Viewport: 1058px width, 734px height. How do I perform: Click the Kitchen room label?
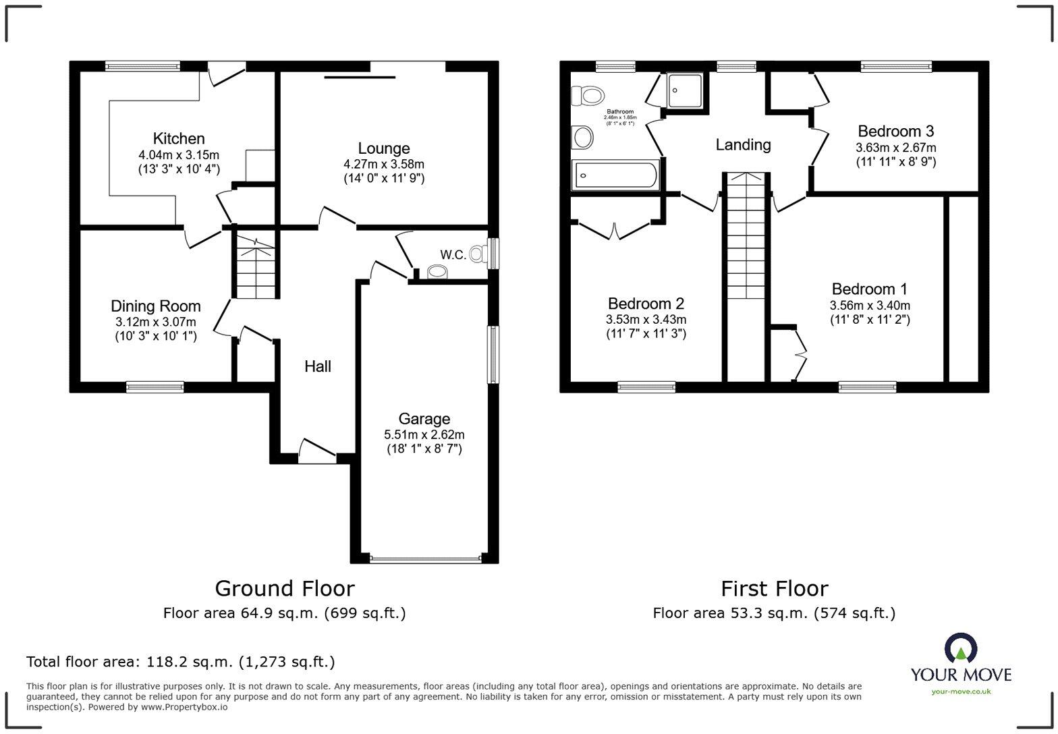[179, 139]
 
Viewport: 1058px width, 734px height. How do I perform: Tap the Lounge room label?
[383, 148]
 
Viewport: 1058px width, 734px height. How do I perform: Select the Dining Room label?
[155, 306]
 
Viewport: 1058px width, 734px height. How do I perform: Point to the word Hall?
[317, 366]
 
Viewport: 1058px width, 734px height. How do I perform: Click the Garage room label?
[424, 419]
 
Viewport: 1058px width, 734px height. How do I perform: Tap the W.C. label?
[453, 254]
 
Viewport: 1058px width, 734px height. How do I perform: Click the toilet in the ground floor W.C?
[478, 254]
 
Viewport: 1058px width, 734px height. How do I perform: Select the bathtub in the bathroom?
[614, 175]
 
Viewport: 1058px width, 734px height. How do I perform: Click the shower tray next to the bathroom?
[685, 90]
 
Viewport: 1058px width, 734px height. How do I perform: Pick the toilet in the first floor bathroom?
[584, 96]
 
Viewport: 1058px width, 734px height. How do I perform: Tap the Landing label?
[743, 144]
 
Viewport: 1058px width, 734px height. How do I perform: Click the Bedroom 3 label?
[895, 131]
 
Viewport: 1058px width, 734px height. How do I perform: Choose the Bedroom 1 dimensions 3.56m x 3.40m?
[869, 305]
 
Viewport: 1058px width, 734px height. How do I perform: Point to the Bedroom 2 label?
[646, 304]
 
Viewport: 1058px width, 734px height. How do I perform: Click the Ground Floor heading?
[284, 588]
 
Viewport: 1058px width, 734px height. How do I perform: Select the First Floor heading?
[774, 588]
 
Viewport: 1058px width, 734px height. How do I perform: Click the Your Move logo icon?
[960, 648]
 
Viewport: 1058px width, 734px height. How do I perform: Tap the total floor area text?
[180, 662]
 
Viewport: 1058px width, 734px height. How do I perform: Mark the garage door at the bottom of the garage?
[425, 559]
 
